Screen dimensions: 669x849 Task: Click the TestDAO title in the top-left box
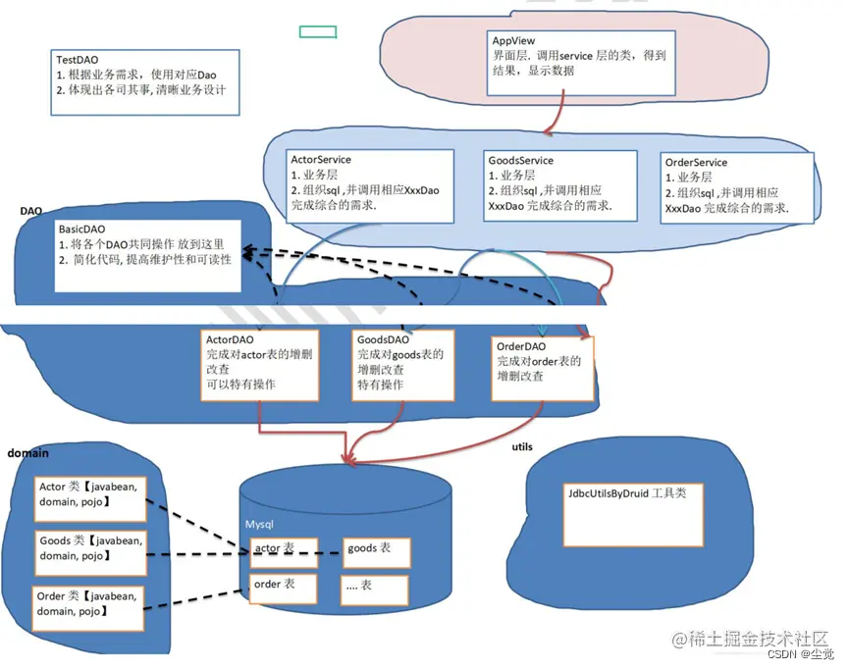point(78,59)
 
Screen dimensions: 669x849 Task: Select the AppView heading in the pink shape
point(513,40)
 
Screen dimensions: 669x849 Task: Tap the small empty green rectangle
point(318,31)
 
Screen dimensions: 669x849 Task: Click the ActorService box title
point(321,160)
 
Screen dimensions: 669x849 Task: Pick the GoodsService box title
point(520,160)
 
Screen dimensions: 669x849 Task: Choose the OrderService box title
point(696,163)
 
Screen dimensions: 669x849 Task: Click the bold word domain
point(28,454)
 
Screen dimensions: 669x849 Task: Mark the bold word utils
point(523,446)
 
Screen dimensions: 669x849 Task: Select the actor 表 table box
point(283,551)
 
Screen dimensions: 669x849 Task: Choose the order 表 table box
point(283,588)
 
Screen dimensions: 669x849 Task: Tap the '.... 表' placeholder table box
point(375,589)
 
